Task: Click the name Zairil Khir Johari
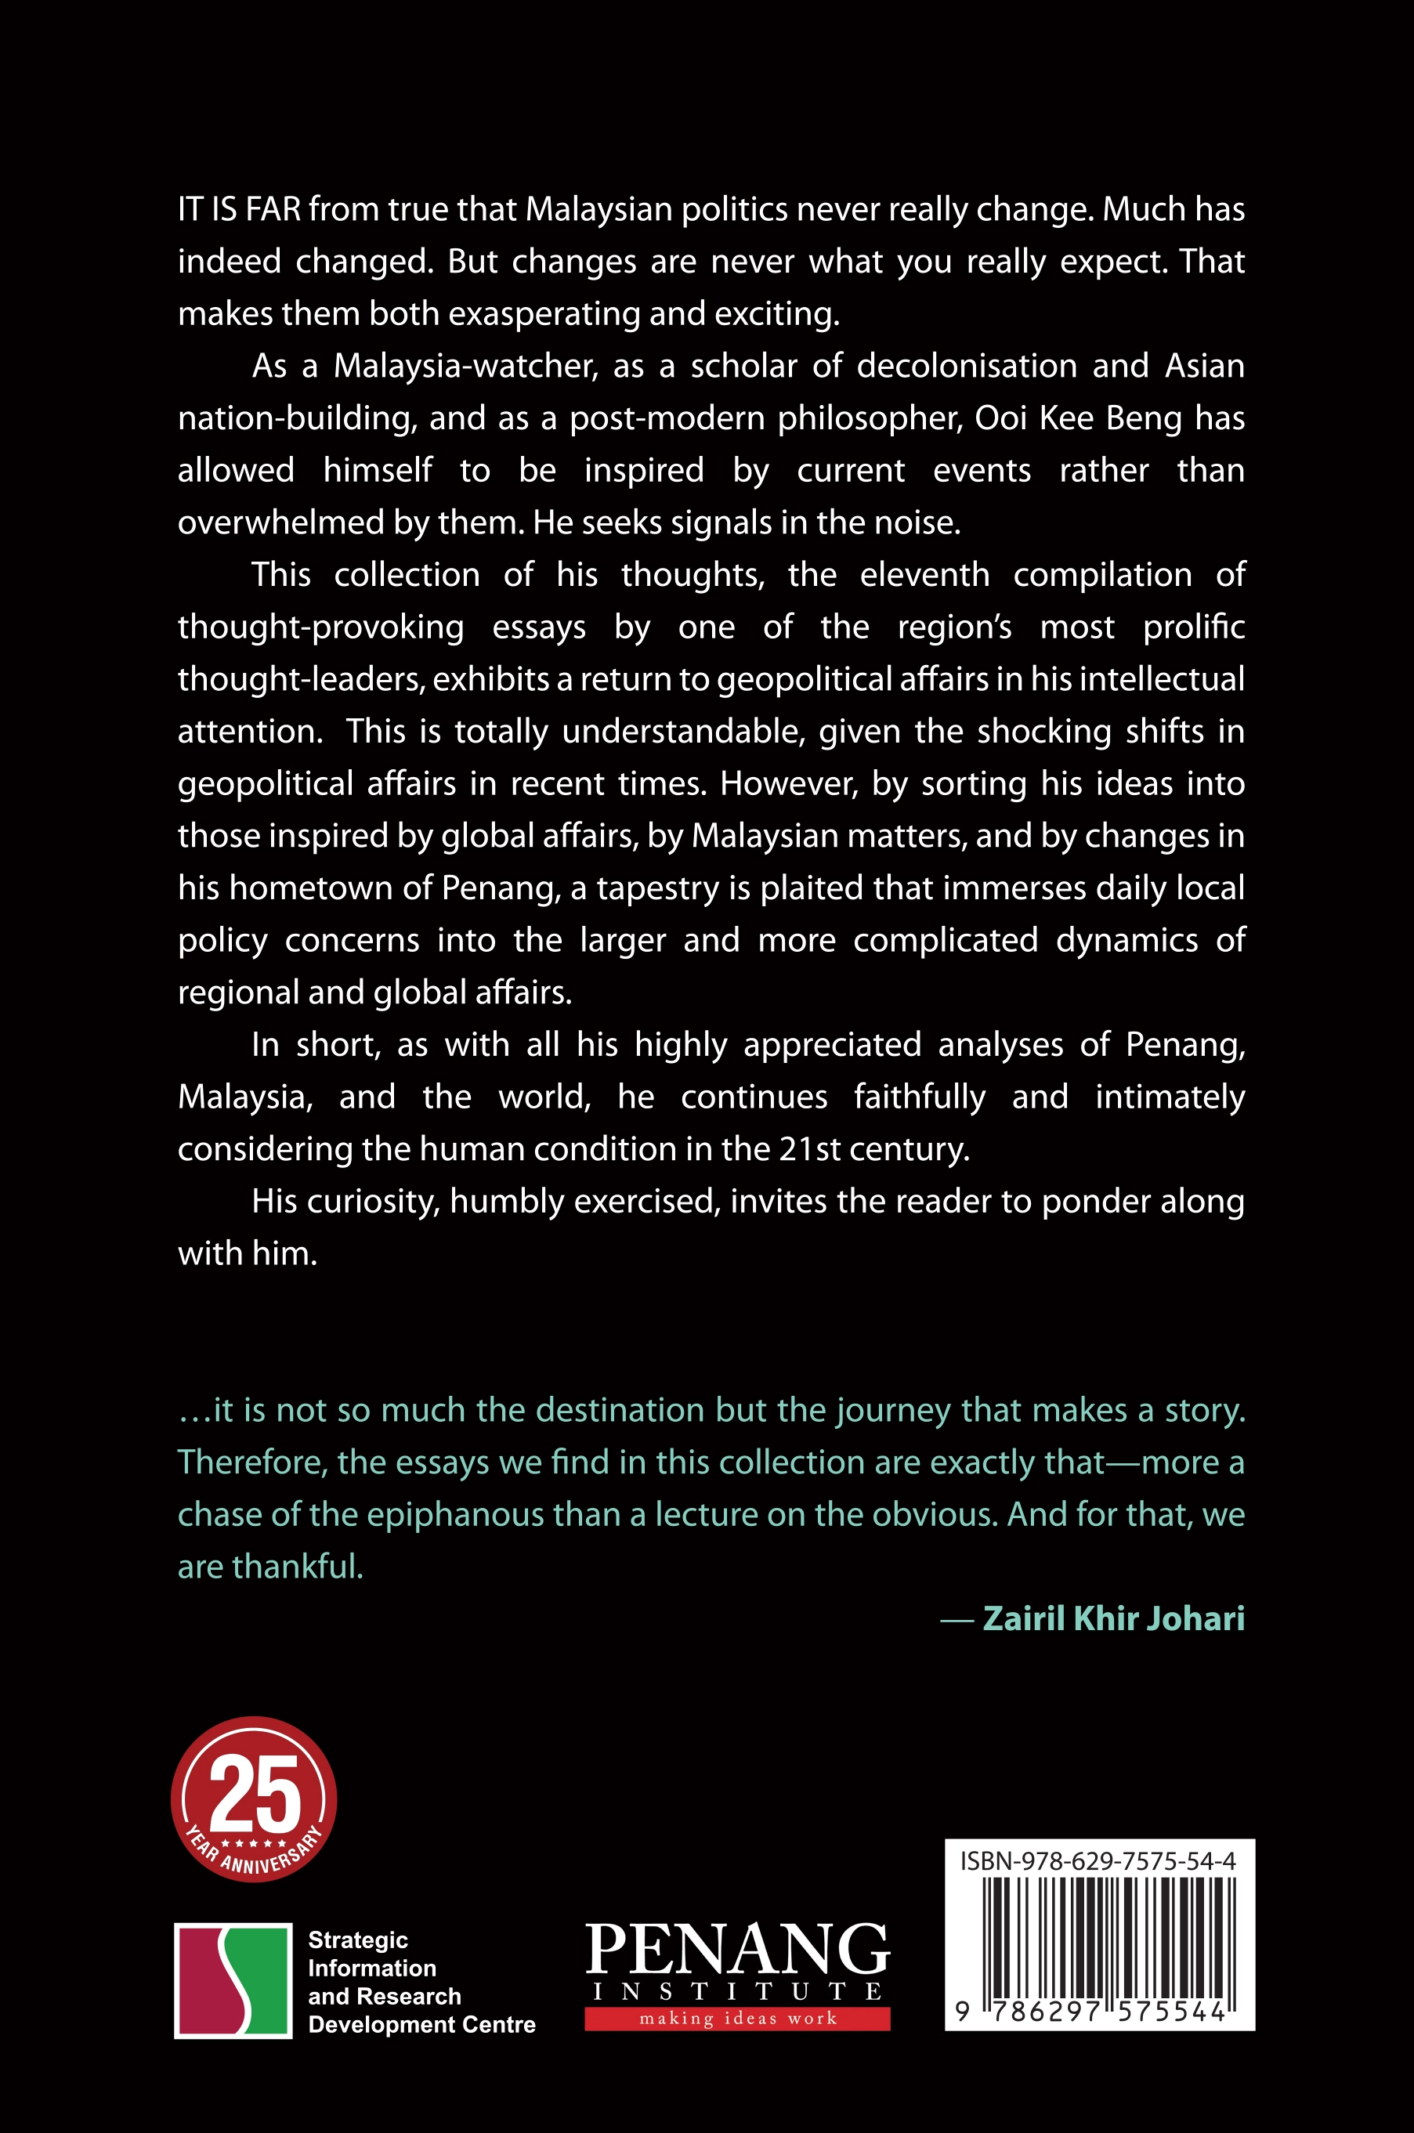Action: point(1113,1618)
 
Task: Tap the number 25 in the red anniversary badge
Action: point(255,1791)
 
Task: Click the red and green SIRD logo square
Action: point(233,1979)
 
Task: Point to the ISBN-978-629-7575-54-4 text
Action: point(1098,1860)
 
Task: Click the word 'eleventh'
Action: point(924,574)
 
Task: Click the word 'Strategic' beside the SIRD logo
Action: point(358,1940)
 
